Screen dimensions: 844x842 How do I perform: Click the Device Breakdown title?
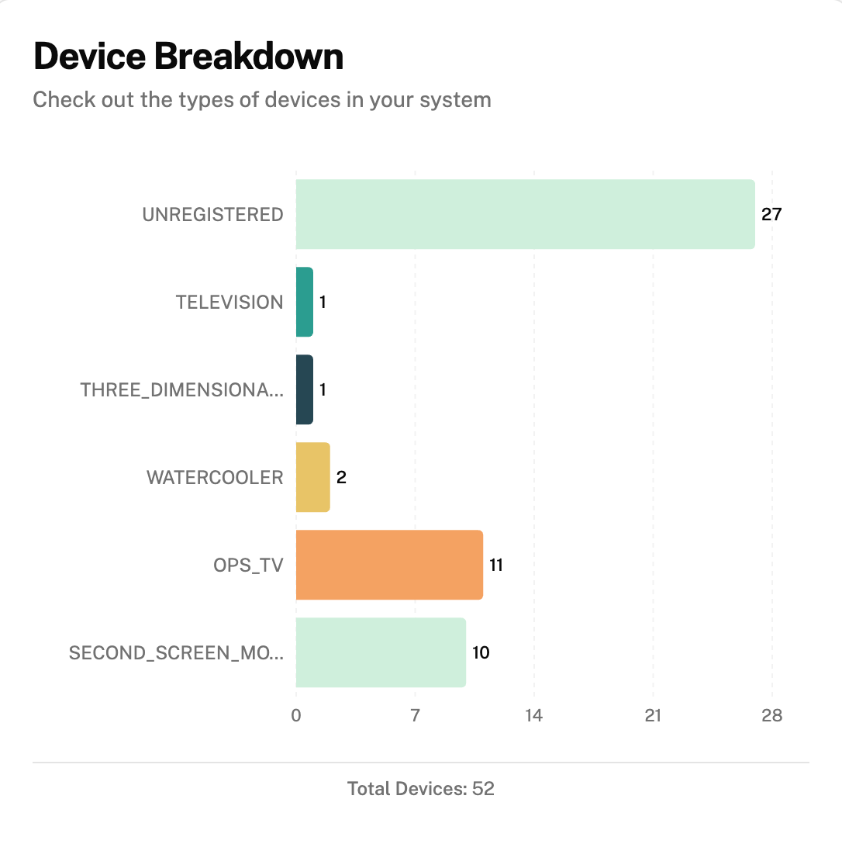188,57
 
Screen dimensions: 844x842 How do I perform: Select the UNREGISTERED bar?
525,214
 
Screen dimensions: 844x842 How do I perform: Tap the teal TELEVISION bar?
304,302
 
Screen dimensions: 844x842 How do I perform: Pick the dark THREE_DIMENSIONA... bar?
304,389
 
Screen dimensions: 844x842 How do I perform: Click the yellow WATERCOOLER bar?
312,477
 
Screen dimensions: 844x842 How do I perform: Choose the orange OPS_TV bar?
389,565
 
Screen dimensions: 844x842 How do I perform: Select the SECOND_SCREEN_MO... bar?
381,652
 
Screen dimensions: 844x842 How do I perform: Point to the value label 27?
771,215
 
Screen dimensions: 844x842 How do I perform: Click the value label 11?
496,566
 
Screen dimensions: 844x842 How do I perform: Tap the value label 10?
481,653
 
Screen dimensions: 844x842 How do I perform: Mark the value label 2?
341,478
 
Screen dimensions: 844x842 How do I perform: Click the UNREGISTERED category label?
212,215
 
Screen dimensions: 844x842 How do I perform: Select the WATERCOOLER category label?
215,478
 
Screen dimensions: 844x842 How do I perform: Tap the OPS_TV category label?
248,566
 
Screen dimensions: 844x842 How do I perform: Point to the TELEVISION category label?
229,303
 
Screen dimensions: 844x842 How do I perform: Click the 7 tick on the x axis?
415,716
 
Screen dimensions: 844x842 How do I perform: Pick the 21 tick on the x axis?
653,716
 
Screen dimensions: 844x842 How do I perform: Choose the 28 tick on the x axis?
771,716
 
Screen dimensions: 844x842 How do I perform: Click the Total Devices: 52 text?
421,790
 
